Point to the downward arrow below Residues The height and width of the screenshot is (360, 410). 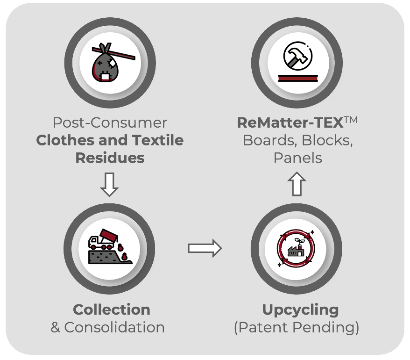click(110, 185)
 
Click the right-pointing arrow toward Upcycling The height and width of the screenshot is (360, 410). click(204, 248)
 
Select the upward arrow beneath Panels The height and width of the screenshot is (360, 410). click(297, 184)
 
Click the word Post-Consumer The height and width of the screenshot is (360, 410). click(110, 122)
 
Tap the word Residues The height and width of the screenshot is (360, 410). click(110, 158)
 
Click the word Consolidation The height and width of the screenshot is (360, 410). click(114, 327)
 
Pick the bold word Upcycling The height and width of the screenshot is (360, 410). click(300, 310)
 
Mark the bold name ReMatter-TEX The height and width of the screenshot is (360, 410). click(290, 122)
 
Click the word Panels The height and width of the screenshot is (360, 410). click(297, 158)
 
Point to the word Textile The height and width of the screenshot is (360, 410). click(156, 140)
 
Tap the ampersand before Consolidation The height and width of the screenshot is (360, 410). click(55, 327)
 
